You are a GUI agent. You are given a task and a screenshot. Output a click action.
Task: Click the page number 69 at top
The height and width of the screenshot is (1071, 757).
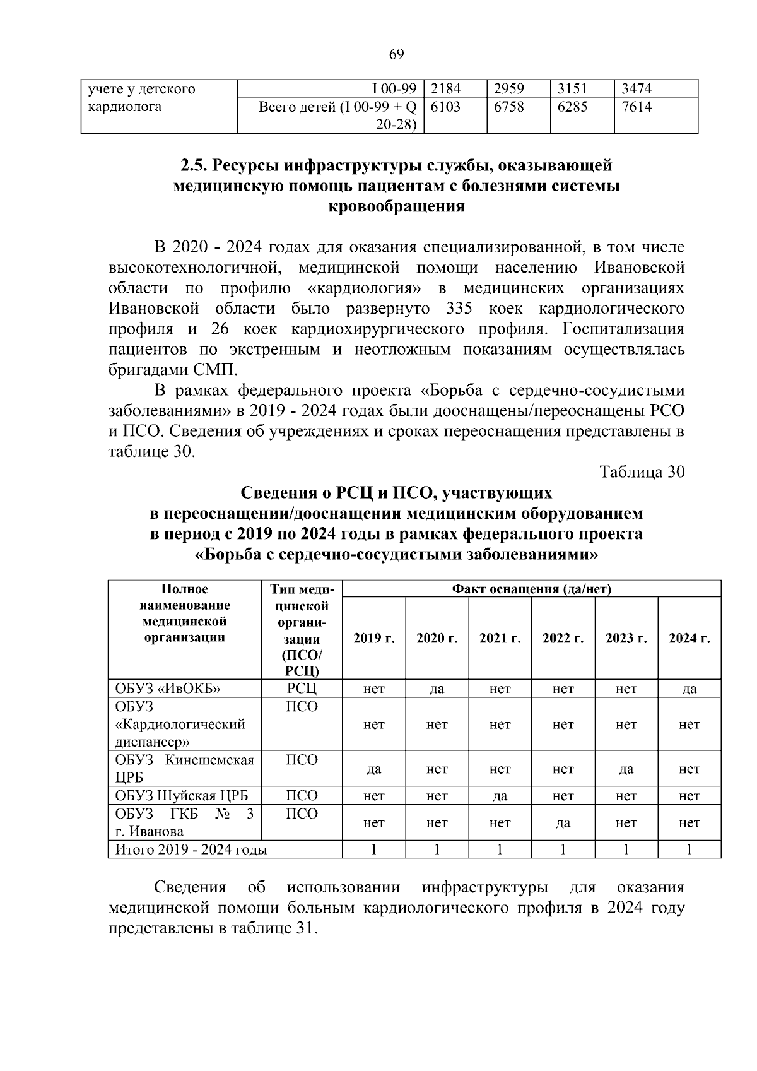[396, 54]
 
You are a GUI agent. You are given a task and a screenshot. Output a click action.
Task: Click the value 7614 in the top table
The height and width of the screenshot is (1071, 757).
[637, 107]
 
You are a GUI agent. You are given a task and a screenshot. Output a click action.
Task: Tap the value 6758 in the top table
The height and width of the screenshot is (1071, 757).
[508, 107]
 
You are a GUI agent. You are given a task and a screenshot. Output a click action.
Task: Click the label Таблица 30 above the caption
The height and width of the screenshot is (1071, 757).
[642, 472]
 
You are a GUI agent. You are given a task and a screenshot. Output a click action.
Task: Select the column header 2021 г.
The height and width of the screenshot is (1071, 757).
[500, 638]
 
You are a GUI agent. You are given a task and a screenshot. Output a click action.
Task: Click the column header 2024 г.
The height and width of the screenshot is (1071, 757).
[689, 638]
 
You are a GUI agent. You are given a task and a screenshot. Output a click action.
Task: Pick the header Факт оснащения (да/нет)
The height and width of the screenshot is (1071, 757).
[531, 589]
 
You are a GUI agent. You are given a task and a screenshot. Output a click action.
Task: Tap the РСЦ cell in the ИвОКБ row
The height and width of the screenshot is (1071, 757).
[302, 689]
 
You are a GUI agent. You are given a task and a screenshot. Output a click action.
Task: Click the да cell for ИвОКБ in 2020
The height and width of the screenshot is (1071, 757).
[437, 689]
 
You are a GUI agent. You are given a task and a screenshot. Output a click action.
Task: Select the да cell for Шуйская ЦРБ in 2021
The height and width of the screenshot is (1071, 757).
[500, 796]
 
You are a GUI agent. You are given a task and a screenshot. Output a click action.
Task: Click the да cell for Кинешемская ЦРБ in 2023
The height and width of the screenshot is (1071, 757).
[626, 769]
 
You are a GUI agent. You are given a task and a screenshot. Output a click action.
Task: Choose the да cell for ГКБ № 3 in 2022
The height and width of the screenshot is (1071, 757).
[563, 823]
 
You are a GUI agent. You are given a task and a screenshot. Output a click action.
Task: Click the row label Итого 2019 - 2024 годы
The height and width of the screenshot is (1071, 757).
[191, 849]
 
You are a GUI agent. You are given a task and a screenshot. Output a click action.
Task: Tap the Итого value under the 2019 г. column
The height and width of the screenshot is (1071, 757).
[373, 849]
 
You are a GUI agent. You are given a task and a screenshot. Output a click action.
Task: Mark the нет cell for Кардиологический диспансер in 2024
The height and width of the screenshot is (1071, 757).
[689, 725]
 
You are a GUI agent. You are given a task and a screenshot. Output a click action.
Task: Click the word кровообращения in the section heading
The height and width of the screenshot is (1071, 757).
[397, 206]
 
